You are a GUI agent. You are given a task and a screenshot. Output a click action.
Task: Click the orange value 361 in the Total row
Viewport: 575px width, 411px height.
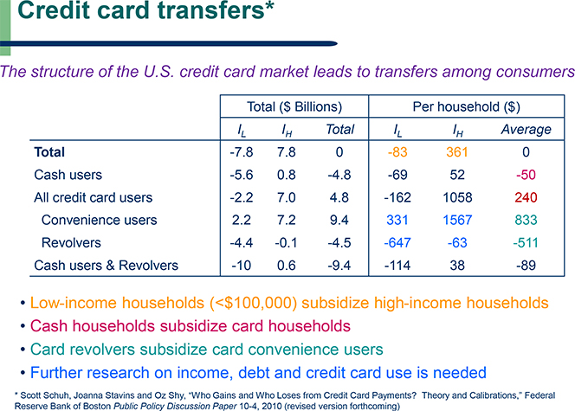(x=457, y=152)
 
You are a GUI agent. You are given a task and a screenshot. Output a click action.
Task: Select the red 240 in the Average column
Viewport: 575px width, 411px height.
(x=526, y=197)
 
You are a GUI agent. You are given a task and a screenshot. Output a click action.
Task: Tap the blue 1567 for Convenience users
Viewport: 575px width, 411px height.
(x=457, y=220)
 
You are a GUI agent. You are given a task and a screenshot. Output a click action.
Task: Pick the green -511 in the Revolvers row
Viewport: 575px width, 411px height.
(x=526, y=243)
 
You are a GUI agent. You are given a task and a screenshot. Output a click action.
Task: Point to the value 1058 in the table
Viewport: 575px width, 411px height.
(x=457, y=197)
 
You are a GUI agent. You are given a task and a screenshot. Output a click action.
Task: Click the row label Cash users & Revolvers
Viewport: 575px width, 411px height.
(x=106, y=266)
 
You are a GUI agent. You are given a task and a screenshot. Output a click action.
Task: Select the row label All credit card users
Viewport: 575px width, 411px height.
(x=94, y=197)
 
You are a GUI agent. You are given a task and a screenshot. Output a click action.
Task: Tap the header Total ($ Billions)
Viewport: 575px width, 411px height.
(x=294, y=106)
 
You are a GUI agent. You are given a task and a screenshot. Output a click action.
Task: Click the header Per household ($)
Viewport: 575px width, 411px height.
(x=467, y=106)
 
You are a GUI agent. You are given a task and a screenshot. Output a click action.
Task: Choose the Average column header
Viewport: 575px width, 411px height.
(x=527, y=129)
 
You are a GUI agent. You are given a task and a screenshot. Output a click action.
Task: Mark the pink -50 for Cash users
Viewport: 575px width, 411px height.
(x=526, y=175)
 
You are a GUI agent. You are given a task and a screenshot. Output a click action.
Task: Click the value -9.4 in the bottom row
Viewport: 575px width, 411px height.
(x=339, y=266)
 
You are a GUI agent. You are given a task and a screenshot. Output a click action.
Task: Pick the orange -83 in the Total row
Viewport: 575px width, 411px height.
(x=397, y=152)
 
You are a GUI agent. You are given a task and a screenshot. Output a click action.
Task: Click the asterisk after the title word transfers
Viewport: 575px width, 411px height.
(x=269, y=6)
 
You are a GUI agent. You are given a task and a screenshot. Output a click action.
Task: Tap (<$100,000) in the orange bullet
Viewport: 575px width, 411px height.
(x=254, y=303)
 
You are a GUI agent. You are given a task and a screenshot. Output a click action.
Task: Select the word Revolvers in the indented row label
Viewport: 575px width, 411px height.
(x=71, y=242)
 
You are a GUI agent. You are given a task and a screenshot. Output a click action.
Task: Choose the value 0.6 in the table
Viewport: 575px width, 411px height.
(x=287, y=266)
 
